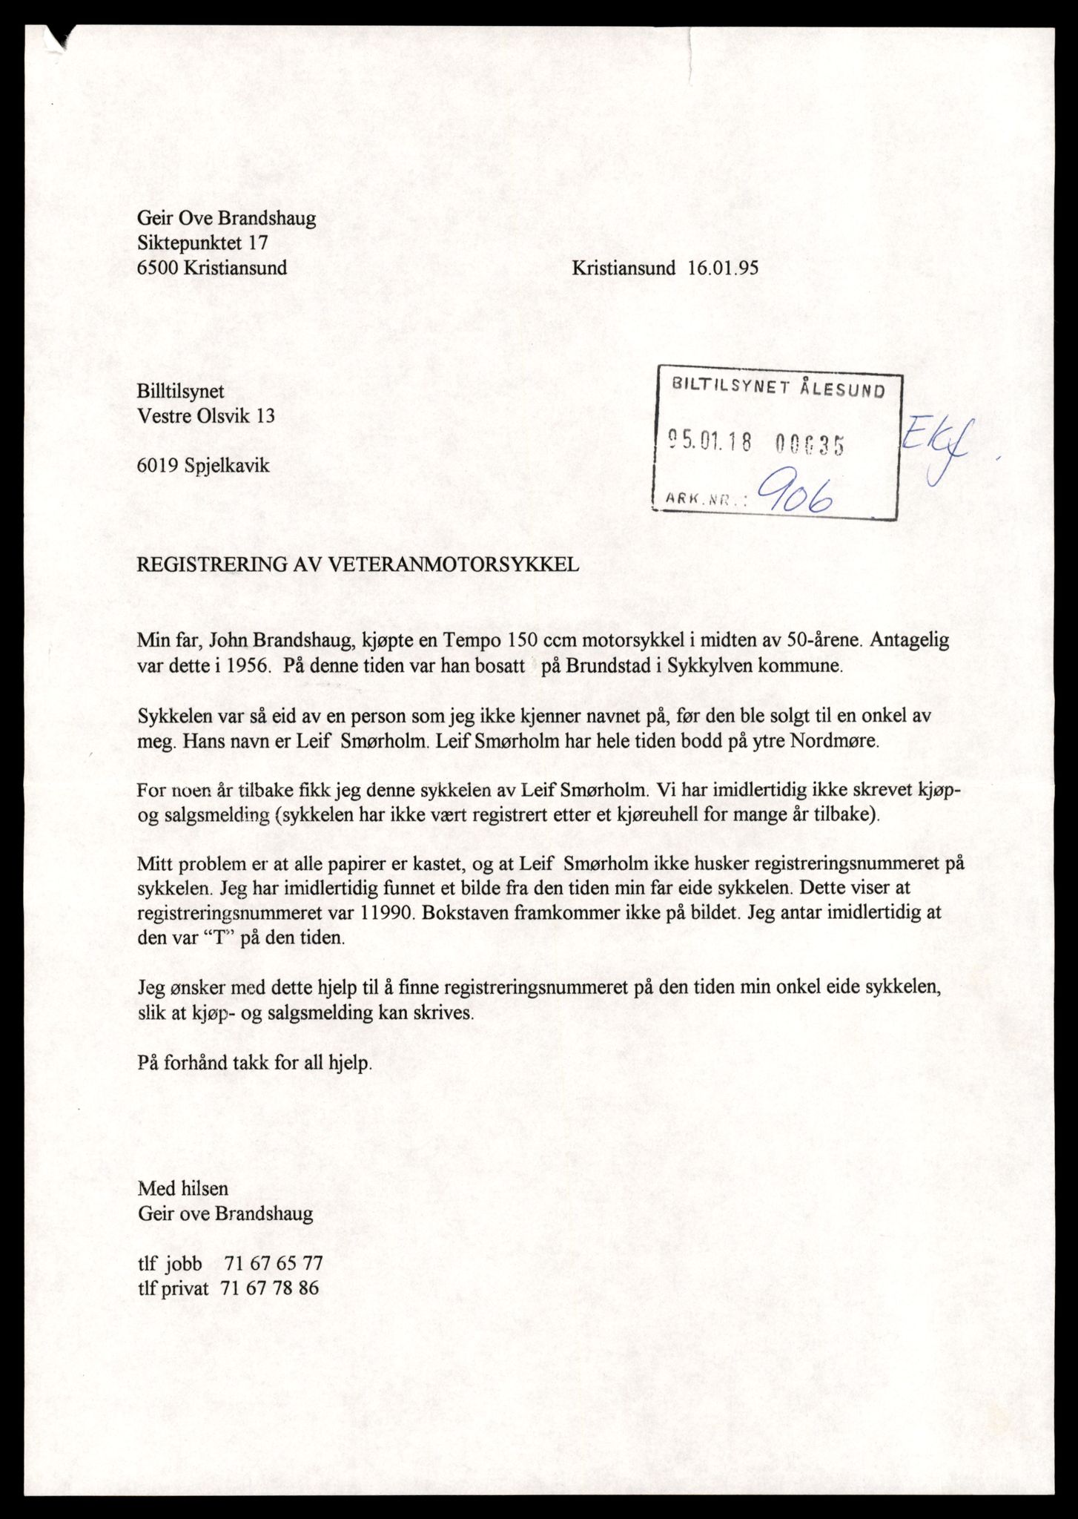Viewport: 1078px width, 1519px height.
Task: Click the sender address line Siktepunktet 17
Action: pos(202,243)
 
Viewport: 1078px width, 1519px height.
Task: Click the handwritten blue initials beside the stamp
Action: pos(938,449)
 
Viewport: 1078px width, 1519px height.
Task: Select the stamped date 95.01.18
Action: pos(710,443)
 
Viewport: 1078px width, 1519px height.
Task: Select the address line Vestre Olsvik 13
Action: pos(206,416)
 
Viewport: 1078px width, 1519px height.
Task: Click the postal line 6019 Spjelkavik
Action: pos(203,466)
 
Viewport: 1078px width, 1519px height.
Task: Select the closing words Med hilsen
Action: pos(183,1188)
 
